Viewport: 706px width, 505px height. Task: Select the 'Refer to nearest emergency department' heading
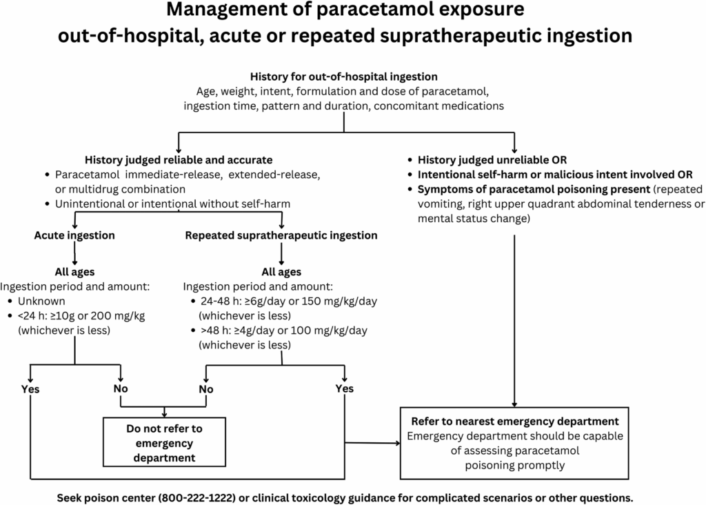(x=514, y=421)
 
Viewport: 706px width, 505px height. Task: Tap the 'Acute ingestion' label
(x=74, y=235)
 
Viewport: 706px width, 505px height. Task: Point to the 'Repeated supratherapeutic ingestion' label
(x=281, y=235)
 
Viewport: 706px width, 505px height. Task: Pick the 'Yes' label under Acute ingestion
(x=30, y=389)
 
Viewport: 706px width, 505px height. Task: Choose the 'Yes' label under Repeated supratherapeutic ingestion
(x=344, y=388)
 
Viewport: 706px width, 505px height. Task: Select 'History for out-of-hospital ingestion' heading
(x=343, y=77)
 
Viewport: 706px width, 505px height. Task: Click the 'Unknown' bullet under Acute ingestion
(x=41, y=301)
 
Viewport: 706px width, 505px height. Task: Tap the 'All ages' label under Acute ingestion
(x=74, y=272)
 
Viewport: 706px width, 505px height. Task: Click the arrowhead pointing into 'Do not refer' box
(x=164, y=415)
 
